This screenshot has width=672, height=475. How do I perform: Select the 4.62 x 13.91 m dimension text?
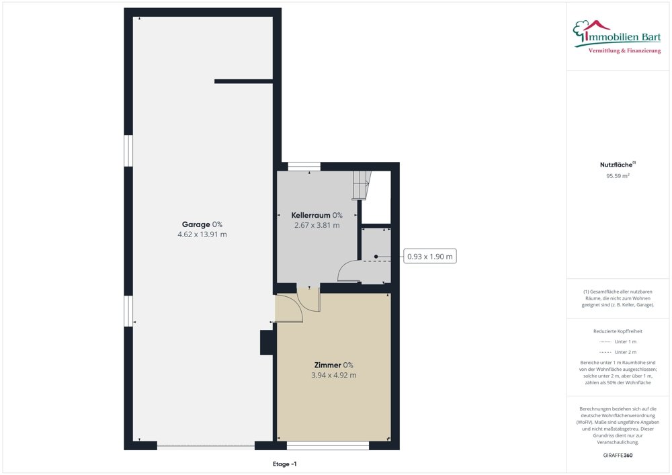pyautogui.click(x=202, y=234)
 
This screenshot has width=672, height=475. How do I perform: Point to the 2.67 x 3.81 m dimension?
pyautogui.click(x=317, y=225)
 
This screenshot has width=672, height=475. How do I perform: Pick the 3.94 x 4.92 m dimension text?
pyautogui.click(x=333, y=375)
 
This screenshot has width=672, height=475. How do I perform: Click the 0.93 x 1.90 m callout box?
pyautogui.click(x=431, y=256)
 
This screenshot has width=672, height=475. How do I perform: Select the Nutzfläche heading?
pyautogui.click(x=614, y=165)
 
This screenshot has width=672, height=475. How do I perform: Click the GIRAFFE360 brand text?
pyautogui.click(x=617, y=456)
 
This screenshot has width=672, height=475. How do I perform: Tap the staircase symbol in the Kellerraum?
pyautogui.click(x=362, y=184)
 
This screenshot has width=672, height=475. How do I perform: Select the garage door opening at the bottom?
pyautogui.click(x=206, y=444)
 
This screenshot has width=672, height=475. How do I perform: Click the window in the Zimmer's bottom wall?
pyautogui.click(x=328, y=444)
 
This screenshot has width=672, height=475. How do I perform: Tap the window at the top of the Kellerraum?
pyautogui.click(x=300, y=166)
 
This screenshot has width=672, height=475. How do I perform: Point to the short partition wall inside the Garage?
pyautogui.click(x=243, y=81)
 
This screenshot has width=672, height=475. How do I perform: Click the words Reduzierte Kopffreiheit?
pyautogui.click(x=618, y=331)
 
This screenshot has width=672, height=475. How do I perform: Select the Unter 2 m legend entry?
pyautogui.click(x=618, y=352)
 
